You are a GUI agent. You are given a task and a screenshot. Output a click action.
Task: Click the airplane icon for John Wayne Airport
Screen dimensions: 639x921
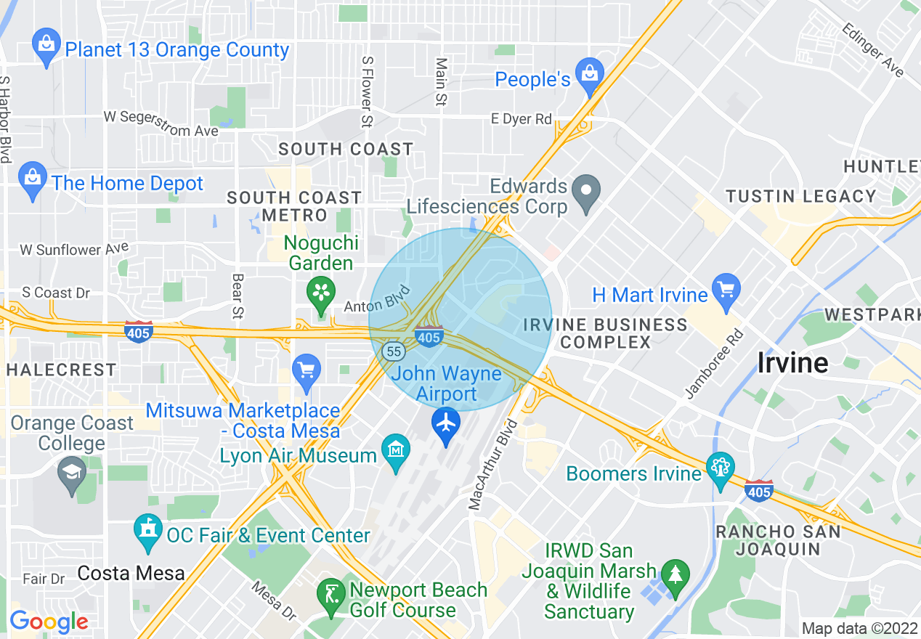pos(445,422)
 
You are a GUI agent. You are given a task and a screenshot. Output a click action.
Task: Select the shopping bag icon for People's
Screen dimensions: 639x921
pos(589,75)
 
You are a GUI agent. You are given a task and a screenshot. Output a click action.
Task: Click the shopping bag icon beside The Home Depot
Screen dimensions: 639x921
pos(33,179)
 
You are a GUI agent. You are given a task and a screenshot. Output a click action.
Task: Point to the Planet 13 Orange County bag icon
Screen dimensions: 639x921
pos(46,45)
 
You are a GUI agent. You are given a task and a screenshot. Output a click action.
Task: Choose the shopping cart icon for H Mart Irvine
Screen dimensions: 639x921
pos(726,290)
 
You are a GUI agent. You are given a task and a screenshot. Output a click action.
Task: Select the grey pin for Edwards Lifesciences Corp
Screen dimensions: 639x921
pos(585,192)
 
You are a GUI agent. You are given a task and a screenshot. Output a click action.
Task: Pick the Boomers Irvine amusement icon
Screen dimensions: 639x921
pos(721,468)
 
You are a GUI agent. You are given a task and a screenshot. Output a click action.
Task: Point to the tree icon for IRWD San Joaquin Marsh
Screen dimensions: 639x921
pos(676,574)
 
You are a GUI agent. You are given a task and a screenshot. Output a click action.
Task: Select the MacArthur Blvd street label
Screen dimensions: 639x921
pos(492,465)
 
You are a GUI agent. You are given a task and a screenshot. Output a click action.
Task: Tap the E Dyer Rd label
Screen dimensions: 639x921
pos(522,119)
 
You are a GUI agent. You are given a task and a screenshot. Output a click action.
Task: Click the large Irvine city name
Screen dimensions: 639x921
pos(792,362)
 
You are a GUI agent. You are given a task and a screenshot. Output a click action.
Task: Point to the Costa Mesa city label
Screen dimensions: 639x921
pos(131,573)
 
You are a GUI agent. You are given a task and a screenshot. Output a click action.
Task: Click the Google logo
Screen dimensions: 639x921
pos(49,622)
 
